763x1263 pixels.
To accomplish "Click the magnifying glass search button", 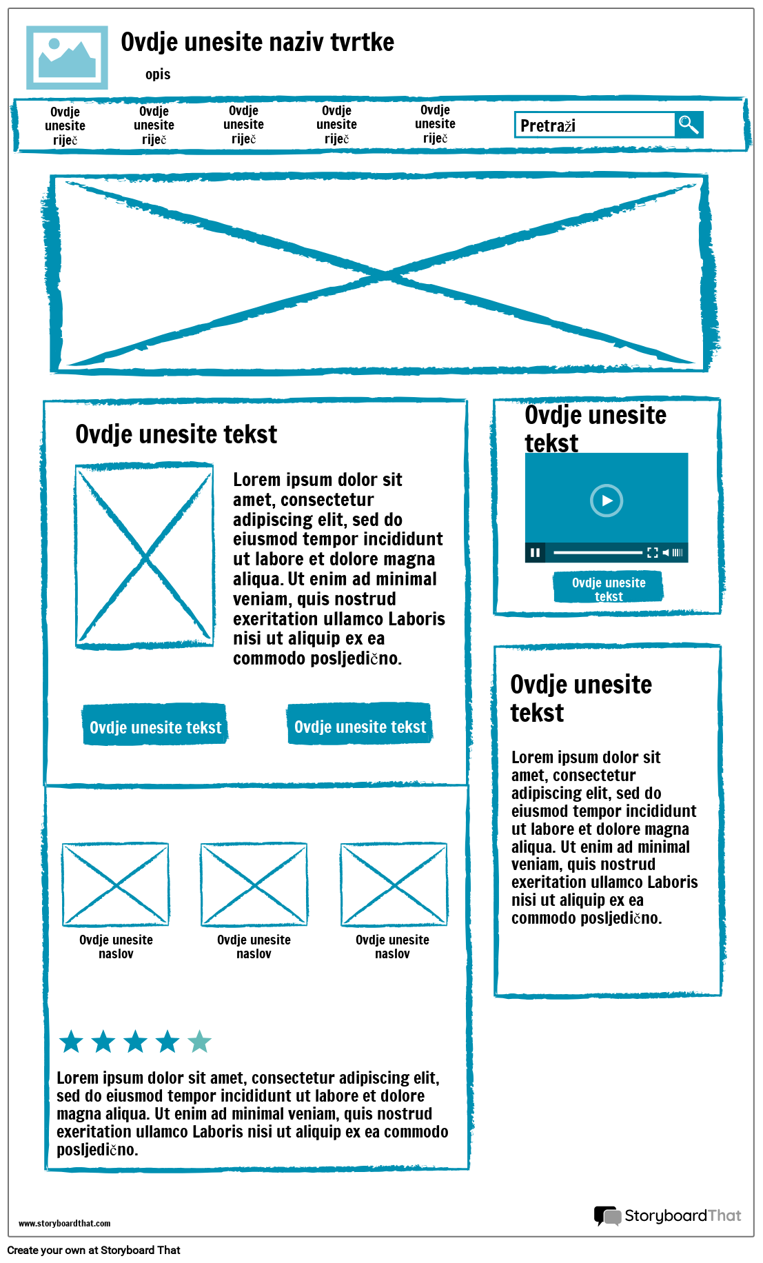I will coord(689,125).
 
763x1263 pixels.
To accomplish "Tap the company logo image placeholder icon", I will coord(67,58).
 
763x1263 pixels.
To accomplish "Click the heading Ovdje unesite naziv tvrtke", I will coord(257,42).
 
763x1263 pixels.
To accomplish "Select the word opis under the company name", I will coord(158,74).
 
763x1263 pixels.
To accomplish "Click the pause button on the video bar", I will coord(535,552).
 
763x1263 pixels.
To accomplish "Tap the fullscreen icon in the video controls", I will coord(652,552).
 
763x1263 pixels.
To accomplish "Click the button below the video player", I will coord(608,588).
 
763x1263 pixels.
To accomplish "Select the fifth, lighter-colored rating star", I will coord(199,1042).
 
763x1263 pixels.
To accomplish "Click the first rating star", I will coord(72,1042).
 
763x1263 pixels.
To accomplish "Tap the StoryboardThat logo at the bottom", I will coord(667,1215).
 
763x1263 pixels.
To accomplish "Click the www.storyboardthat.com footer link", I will coord(64,1224).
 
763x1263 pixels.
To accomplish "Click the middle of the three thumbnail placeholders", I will coord(254,885).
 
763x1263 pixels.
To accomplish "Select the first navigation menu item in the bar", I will coord(65,125).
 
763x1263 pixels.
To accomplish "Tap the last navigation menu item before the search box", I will coord(435,124).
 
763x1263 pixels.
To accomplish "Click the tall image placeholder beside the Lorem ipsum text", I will coord(145,556).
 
